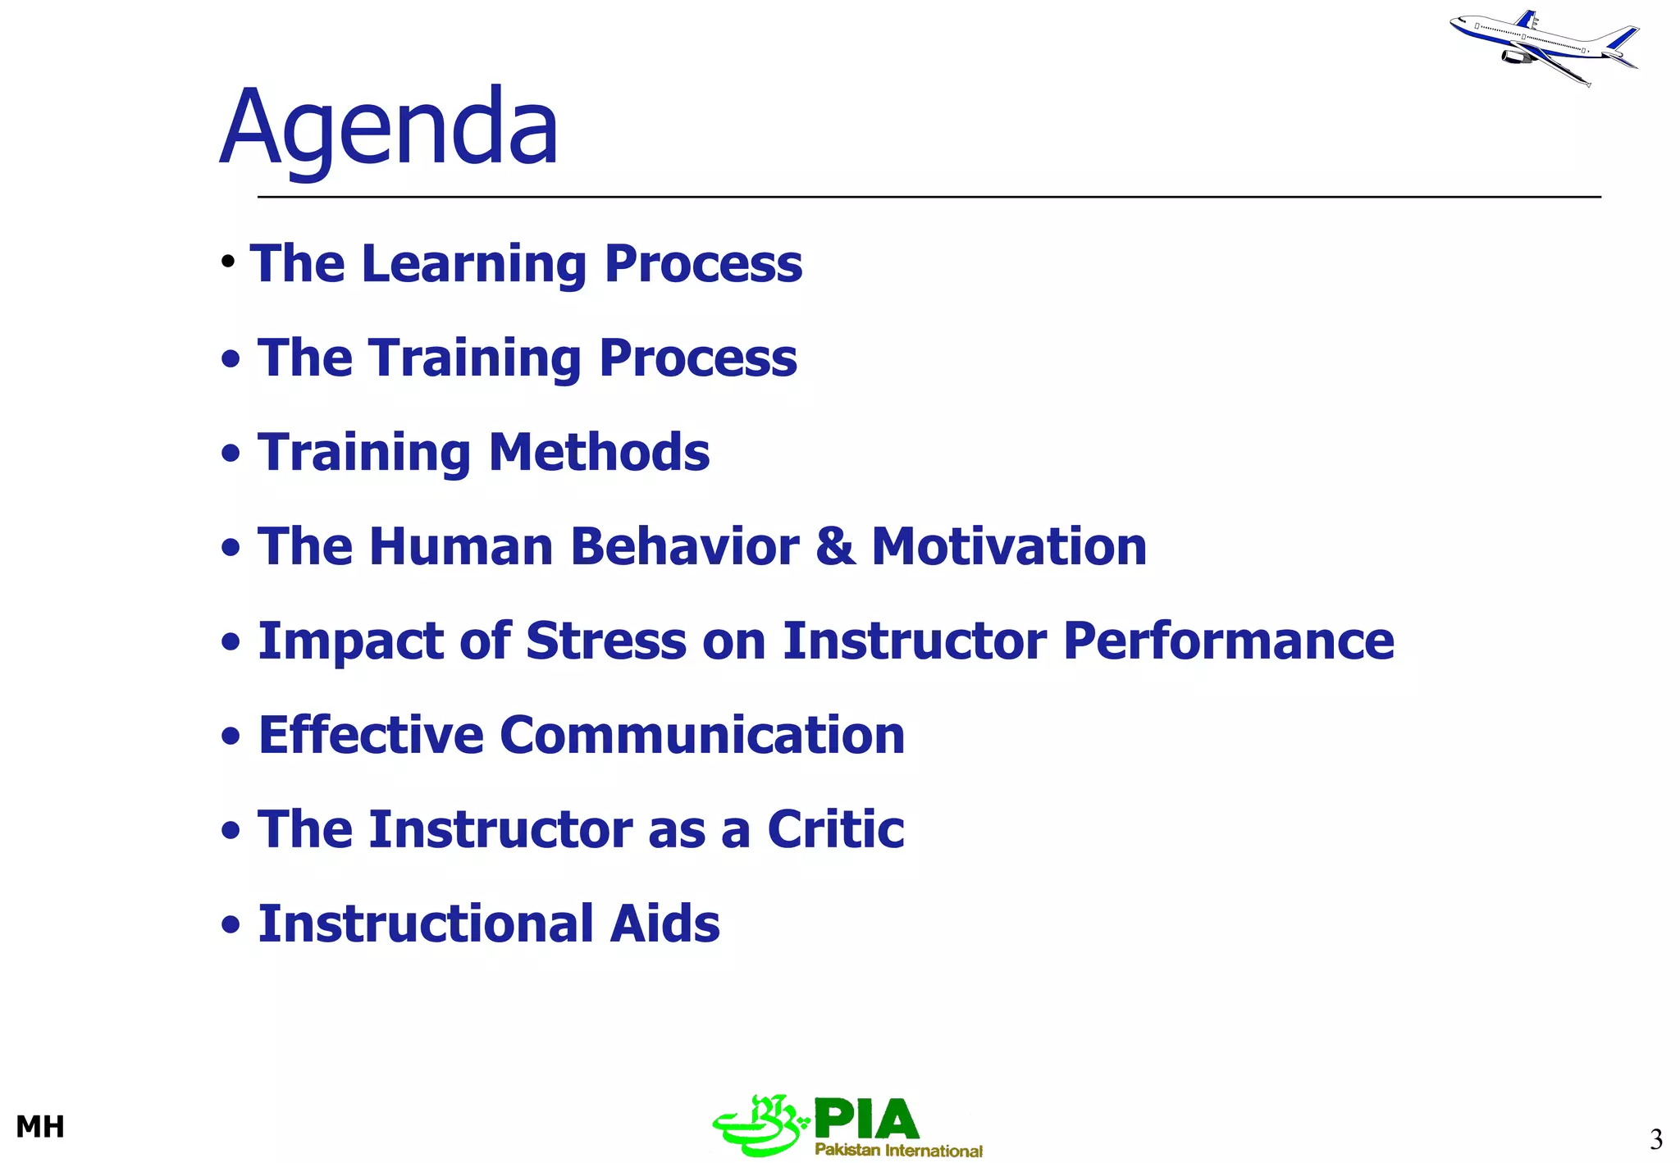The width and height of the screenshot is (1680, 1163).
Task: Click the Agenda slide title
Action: click(390, 130)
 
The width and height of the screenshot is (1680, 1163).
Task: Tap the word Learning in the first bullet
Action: click(474, 264)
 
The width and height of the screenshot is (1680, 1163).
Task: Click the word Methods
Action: click(599, 452)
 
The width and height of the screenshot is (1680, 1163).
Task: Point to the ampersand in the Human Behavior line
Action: click(834, 547)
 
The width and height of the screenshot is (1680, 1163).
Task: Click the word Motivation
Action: click(1009, 547)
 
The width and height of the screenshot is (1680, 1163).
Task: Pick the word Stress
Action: click(605, 641)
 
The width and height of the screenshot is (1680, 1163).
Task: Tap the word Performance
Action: click(1228, 641)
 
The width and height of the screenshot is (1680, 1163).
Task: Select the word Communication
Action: click(702, 735)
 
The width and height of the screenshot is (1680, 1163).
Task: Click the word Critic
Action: click(835, 829)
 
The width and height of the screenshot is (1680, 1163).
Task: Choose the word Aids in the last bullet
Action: click(664, 924)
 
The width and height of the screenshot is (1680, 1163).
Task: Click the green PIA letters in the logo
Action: click(866, 1119)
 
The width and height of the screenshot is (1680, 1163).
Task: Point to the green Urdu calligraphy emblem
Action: click(759, 1125)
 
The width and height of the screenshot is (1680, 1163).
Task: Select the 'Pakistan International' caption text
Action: click(898, 1150)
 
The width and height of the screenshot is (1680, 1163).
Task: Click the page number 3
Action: click(1655, 1139)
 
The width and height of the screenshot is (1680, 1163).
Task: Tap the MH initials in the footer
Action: click(40, 1127)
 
